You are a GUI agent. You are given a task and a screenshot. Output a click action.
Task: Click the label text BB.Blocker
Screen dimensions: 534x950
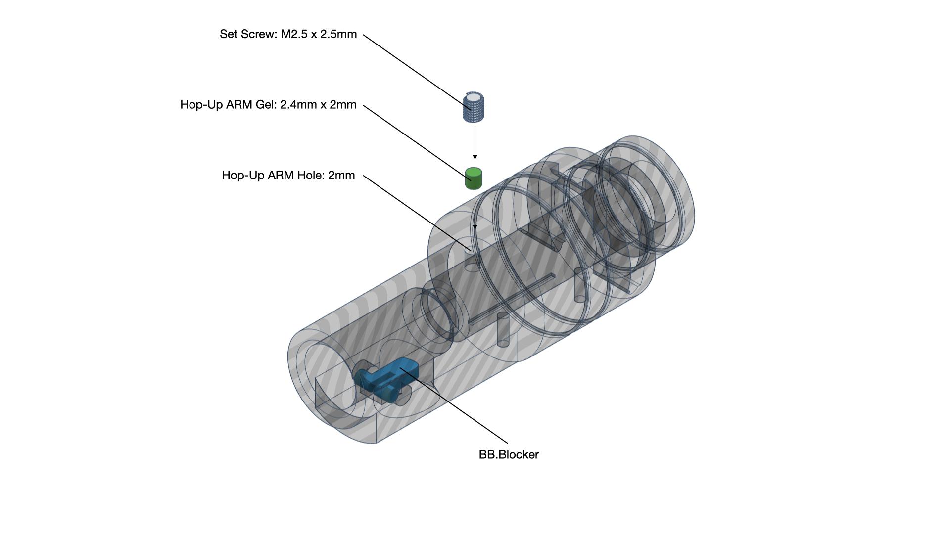point(509,455)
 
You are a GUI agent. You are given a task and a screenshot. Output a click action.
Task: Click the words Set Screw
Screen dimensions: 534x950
point(247,34)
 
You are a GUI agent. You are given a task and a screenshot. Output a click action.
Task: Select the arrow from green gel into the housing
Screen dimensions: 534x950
point(475,213)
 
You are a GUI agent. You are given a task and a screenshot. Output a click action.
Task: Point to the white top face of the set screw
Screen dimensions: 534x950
point(474,97)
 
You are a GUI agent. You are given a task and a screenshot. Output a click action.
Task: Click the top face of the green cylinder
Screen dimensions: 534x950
point(474,173)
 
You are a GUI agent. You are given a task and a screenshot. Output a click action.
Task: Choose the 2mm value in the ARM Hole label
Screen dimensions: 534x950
point(341,176)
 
